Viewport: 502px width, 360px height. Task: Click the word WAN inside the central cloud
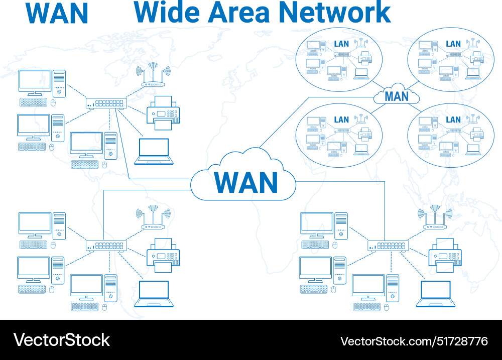tap(245, 182)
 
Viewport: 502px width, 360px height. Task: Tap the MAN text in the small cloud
tap(397, 96)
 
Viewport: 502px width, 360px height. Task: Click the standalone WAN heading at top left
tap(57, 13)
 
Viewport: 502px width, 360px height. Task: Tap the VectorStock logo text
tap(61, 340)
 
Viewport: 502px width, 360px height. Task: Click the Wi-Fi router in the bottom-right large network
tap(435, 219)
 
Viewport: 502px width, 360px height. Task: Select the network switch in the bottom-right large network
tap(388, 246)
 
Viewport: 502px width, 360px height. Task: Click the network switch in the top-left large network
tap(106, 103)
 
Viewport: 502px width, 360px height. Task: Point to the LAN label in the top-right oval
tap(453, 44)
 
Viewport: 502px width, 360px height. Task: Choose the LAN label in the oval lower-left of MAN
tap(341, 119)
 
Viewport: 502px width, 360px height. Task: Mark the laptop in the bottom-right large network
tap(435, 294)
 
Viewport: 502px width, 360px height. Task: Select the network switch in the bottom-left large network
tap(106, 246)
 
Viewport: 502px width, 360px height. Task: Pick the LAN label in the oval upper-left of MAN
tap(341, 44)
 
